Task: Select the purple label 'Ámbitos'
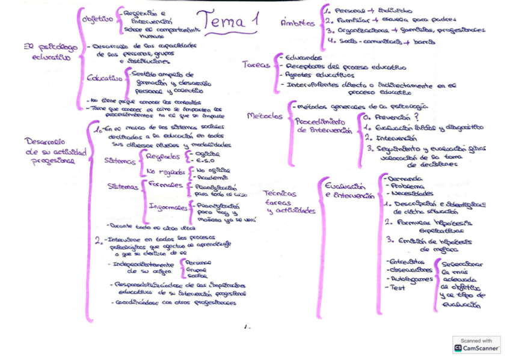(298, 23)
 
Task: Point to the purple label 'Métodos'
(265, 115)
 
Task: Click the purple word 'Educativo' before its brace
(105, 78)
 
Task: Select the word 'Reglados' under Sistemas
(163, 156)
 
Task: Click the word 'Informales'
(167, 207)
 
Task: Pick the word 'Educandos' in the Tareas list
(304, 58)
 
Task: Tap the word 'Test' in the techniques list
(397, 288)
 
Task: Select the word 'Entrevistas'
(407, 262)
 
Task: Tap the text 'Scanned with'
(476, 341)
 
